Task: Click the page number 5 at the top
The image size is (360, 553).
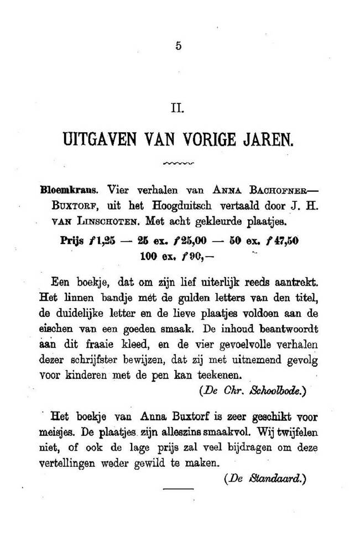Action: [178, 47]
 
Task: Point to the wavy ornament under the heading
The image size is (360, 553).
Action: [180, 164]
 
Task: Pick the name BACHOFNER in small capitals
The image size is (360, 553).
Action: [279, 189]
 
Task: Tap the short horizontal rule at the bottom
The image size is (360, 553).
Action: [179, 489]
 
